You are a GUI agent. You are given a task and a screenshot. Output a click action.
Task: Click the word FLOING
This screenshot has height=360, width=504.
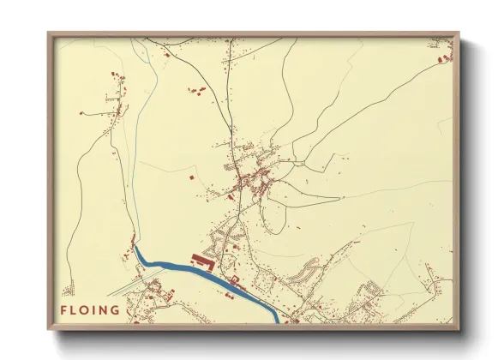[90, 309]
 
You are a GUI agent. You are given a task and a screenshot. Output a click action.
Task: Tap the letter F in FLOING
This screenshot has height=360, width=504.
[63, 309]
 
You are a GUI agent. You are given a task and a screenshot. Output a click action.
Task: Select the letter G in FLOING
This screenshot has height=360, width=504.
[115, 309]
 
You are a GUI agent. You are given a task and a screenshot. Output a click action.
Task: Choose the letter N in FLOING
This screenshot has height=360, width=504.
[105, 309]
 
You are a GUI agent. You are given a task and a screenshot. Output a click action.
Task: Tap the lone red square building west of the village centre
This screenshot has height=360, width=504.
[190, 176]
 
